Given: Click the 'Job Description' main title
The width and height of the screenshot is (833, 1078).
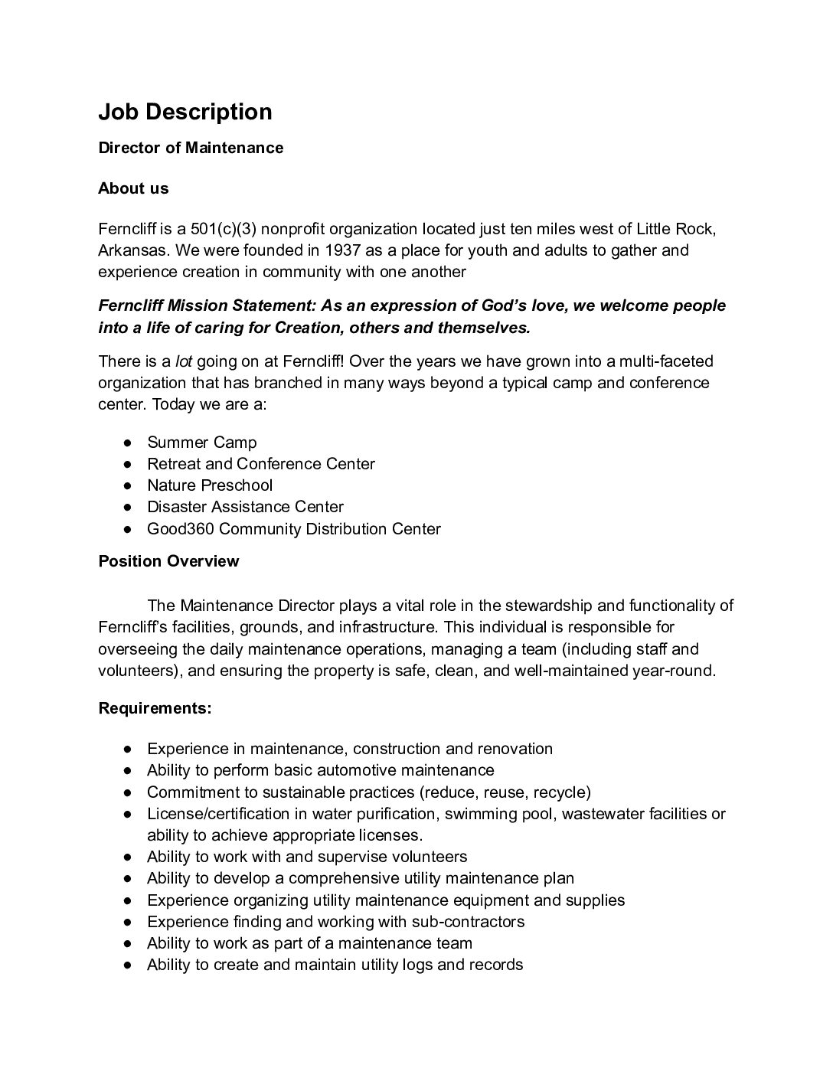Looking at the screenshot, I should tap(185, 112).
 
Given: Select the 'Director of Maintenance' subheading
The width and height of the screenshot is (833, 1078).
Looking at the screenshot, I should tap(191, 148).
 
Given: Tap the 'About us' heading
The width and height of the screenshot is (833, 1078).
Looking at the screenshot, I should tap(133, 188).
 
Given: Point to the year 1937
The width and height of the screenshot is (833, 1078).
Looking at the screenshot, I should tap(343, 250).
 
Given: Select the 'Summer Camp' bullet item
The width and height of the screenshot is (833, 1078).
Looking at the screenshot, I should tap(202, 443).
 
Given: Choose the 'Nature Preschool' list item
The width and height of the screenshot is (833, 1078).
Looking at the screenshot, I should tap(210, 485).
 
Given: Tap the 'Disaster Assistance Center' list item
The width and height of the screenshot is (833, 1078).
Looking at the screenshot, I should tap(245, 507).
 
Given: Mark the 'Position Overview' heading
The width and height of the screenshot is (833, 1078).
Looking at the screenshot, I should tap(168, 561).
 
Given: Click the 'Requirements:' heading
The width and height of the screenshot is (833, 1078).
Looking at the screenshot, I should tap(155, 708).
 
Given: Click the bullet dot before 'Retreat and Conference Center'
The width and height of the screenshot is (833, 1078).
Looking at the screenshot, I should tap(130, 464).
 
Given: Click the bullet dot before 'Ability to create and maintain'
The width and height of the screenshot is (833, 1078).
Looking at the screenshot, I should tap(130, 965).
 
